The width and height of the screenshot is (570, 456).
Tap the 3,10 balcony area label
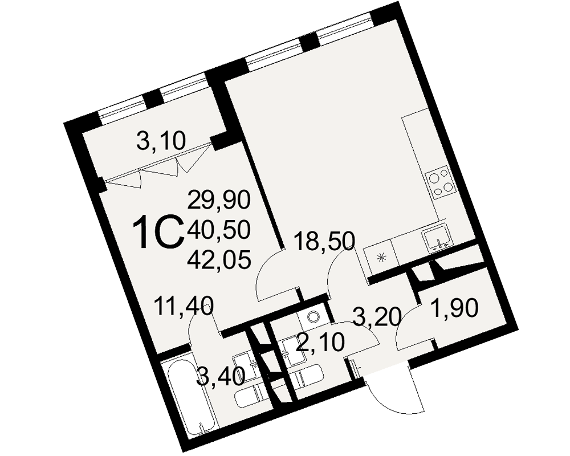point(161,140)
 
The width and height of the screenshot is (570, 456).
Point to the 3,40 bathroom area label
point(222,376)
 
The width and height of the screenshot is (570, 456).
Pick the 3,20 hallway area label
point(377,316)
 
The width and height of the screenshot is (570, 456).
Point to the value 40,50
point(219,230)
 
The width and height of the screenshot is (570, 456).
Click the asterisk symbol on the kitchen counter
point(381,256)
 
